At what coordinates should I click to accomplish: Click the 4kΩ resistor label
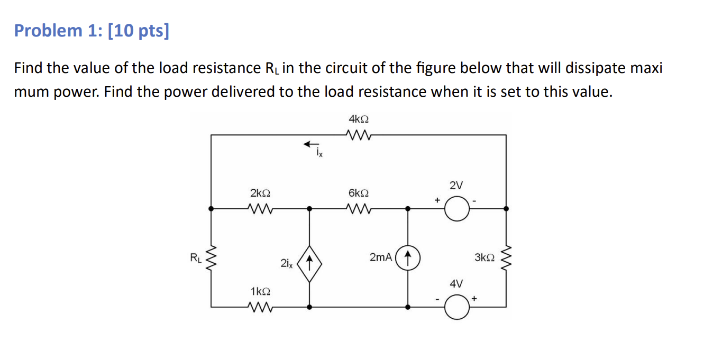tap(358, 119)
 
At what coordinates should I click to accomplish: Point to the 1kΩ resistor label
tap(260, 292)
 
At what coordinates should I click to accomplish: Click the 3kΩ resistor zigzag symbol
tap(506, 258)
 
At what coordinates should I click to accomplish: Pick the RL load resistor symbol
tap(212, 258)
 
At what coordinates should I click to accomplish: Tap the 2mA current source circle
tap(407, 258)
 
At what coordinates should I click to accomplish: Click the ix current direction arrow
tap(311, 143)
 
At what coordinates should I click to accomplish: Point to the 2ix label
tap(286, 263)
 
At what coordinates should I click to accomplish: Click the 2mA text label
tap(381, 257)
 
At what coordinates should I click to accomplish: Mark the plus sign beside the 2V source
tap(437, 200)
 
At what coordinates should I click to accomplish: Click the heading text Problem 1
tap(58, 31)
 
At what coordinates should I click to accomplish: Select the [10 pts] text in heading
tap(138, 31)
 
